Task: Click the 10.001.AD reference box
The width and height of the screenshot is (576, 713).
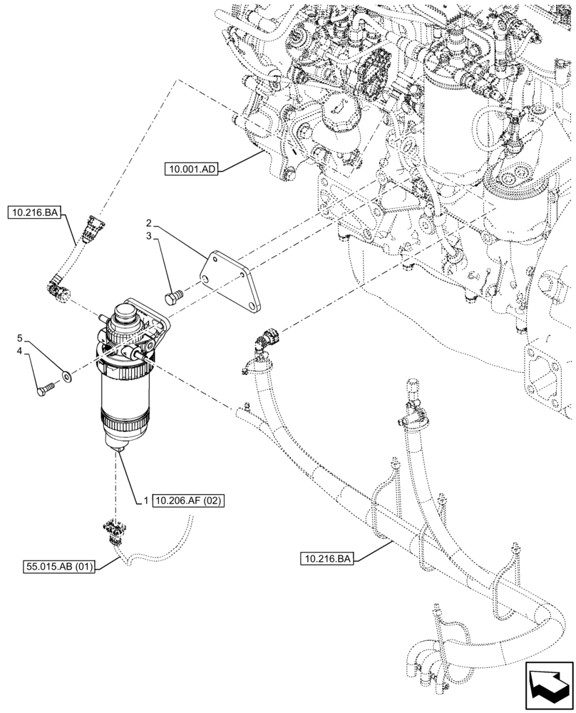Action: click(191, 169)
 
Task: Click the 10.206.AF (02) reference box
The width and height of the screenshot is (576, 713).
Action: click(188, 501)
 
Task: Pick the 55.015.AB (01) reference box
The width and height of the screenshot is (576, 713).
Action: click(61, 567)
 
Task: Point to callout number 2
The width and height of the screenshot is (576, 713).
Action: click(150, 222)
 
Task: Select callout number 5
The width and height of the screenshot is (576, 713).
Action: click(21, 337)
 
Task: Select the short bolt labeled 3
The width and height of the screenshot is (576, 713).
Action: click(172, 294)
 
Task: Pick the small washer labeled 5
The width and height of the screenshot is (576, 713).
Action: click(66, 375)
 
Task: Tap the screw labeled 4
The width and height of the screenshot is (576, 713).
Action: click(45, 389)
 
